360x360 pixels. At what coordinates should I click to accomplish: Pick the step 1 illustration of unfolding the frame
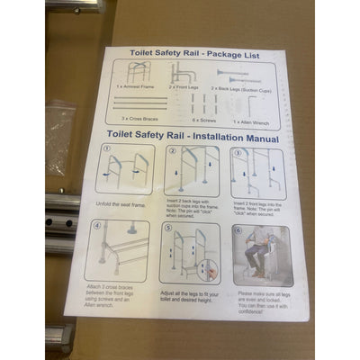click(x=126, y=169)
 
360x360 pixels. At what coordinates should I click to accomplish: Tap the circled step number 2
click(x=170, y=148)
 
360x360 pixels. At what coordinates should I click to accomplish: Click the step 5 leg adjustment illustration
click(x=192, y=254)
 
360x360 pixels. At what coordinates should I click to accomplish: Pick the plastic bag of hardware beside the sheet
click(x=63, y=121)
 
